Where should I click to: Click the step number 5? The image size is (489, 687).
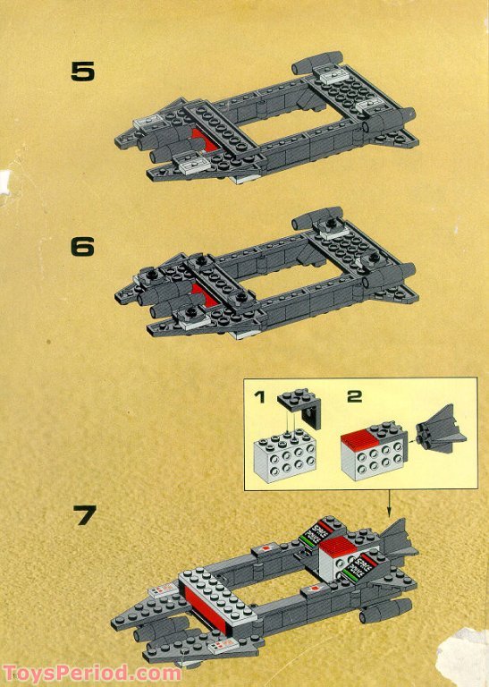click(x=82, y=72)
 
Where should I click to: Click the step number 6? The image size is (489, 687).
click(x=82, y=246)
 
